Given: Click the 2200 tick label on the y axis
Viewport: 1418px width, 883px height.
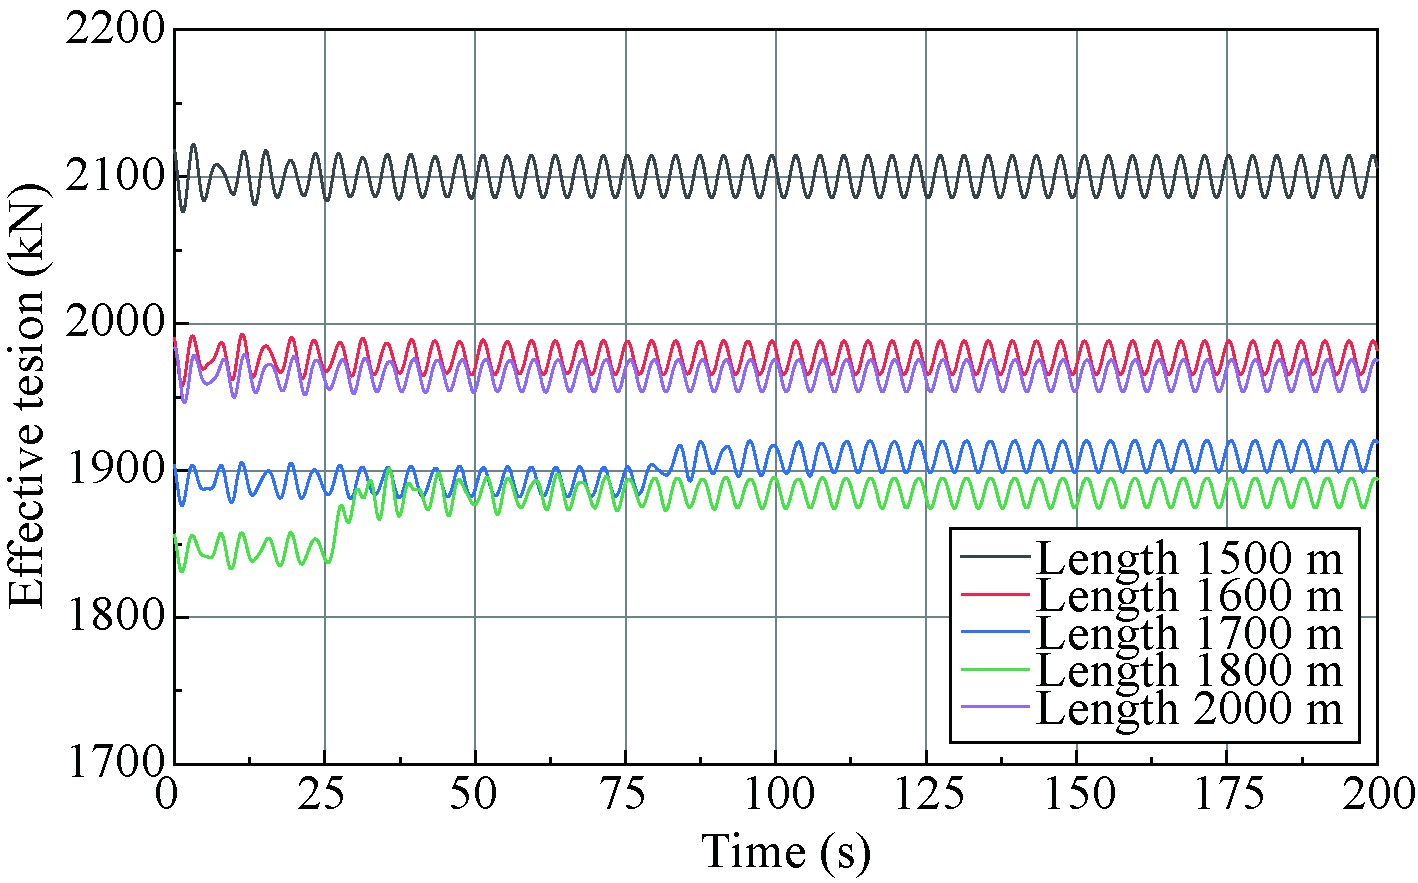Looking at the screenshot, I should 113,30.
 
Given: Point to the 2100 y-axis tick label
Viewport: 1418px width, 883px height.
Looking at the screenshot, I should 113,178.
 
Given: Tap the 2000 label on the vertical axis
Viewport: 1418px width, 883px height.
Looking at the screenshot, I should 113,324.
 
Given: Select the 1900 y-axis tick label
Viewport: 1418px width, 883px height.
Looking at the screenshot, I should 113,471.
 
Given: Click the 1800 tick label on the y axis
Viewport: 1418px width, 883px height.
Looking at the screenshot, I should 113,617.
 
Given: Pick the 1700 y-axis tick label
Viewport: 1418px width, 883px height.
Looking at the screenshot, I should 113,763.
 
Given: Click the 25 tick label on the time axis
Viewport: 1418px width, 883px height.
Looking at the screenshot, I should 324,795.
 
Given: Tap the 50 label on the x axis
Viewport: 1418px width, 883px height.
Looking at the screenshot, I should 475,795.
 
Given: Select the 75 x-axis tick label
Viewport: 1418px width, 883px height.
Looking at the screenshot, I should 626,795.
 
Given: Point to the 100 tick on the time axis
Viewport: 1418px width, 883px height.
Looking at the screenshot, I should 776,795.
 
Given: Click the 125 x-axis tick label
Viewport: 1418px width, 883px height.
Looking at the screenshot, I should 926,795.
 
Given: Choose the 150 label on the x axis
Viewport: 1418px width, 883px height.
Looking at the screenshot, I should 1077,795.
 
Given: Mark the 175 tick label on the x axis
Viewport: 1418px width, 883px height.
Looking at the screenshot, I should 1227,795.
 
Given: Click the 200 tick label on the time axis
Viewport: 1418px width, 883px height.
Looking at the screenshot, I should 1378,795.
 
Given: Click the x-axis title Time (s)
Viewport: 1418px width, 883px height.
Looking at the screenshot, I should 786,852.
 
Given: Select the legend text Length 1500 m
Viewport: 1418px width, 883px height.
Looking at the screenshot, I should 1188,557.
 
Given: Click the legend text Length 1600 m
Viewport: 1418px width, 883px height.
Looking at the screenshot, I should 1188,595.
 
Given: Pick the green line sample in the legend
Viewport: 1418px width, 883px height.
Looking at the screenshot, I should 995,669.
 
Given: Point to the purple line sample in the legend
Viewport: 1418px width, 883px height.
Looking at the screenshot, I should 995,707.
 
